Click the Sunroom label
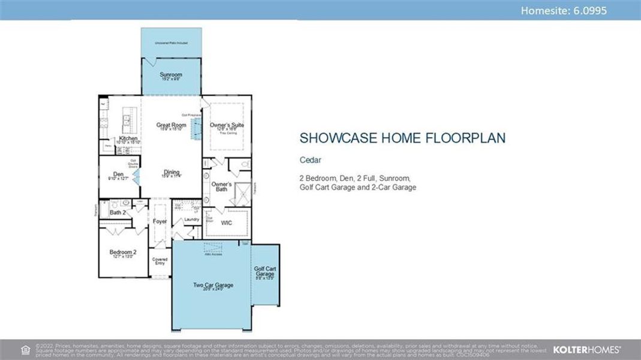coord(171,75)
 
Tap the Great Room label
coord(171,125)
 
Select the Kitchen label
coord(128,139)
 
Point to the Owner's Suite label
coord(227,125)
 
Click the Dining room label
coord(171,172)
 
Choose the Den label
coord(118,174)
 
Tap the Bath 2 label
coord(118,212)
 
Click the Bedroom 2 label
coord(122,253)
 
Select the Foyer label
coord(160,221)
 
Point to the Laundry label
coord(191,220)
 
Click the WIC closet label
coord(226,223)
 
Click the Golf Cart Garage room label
coord(264,271)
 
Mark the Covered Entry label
coord(160,262)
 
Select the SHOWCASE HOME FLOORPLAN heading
coord(402,138)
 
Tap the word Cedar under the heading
coord(311,160)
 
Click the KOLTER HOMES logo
coord(586,349)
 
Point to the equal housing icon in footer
coord(25,349)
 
